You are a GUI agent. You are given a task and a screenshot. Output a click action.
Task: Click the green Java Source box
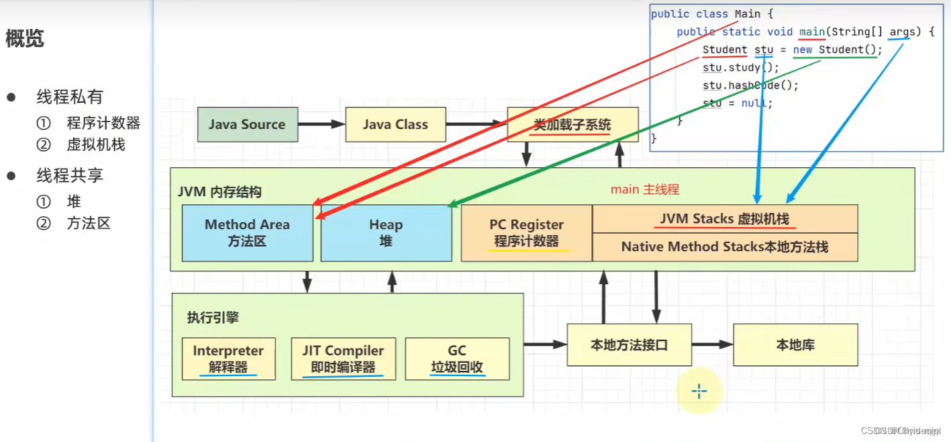pyautogui.click(x=248, y=124)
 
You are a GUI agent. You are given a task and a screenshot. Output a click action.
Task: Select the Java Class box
pyautogui.click(x=395, y=124)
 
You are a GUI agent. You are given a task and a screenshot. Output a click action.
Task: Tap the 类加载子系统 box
pyautogui.click(x=572, y=125)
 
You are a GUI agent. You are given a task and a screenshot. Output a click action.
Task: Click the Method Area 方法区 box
pyautogui.click(x=247, y=233)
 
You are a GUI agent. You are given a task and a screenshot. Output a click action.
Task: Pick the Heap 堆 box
pyautogui.click(x=386, y=233)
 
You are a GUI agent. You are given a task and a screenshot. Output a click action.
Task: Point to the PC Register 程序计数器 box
pyautogui.click(x=526, y=233)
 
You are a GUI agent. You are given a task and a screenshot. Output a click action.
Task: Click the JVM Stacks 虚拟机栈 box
pyautogui.click(x=725, y=219)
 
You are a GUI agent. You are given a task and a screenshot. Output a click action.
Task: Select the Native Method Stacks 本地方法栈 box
pyautogui.click(x=725, y=247)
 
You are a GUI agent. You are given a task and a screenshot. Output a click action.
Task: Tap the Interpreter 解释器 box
pyautogui.click(x=228, y=359)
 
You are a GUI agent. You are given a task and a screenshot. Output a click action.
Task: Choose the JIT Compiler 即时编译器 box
pyautogui.click(x=343, y=359)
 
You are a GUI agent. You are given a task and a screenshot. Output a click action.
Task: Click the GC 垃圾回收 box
pyautogui.click(x=457, y=359)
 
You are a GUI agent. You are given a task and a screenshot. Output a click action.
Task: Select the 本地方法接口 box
pyautogui.click(x=629, y=345)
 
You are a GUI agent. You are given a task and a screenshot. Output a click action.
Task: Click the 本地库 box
pyautogui.click(x=795, y=345)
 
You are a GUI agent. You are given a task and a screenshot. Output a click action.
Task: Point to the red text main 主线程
pyautogui.click(x=644, y=189)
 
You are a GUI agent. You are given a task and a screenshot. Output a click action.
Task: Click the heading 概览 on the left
pyautogui.click(x=25, y=39)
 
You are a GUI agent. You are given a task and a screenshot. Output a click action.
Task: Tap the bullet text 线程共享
pyautogui.click(x=70, y=176)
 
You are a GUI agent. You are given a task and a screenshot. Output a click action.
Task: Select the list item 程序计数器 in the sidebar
pyautogui.click(x=103, y=123)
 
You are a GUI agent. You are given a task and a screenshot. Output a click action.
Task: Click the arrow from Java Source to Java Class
pyautogui.click(x=321, y=124)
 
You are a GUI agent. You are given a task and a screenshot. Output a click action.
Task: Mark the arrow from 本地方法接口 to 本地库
pyautogui.click(x=712, y=345)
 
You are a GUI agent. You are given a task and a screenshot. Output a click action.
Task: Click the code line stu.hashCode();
pyautogui.click(x=741, y=85)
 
